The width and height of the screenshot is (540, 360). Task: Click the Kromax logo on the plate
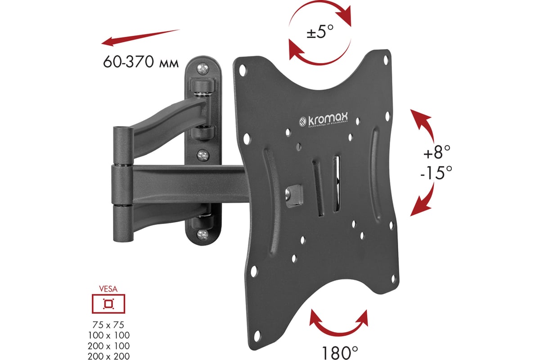326,121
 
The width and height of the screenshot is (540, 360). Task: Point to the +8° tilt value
436,153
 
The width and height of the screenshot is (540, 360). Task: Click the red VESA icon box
108,303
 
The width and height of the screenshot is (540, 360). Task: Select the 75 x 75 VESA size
108,324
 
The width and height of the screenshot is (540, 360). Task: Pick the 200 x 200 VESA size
108,355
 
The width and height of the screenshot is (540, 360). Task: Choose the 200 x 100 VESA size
108,345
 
